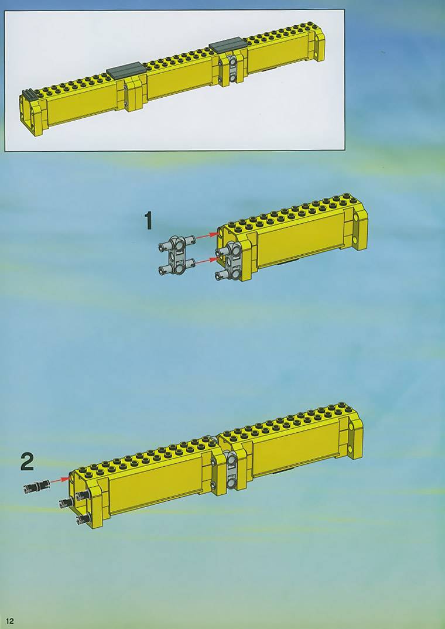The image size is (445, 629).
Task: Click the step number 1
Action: point(148,221)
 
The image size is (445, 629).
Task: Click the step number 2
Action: point(28,462)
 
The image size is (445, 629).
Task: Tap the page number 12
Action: point(9,621)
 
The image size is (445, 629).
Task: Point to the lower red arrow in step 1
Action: point(207,261)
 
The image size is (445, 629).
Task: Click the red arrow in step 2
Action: point(60,480)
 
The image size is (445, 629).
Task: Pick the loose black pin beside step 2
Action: point(36,486)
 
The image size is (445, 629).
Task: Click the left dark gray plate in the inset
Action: point(126,70)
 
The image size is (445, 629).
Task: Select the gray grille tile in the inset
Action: point(29,95)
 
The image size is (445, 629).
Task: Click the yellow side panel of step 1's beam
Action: point(301,239)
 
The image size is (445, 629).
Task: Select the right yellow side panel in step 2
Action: point(296,447)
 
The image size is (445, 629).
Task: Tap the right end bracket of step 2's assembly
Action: point(355,435)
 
